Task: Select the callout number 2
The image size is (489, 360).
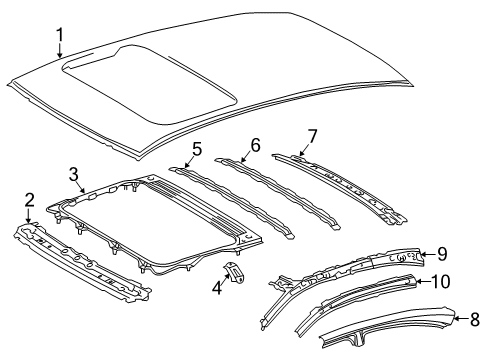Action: [x=29, y=200]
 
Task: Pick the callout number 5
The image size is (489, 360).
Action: [x=196, y=150]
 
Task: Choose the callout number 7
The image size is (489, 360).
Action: [x=311, y=135]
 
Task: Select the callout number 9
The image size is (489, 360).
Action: [x=443, y=254]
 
